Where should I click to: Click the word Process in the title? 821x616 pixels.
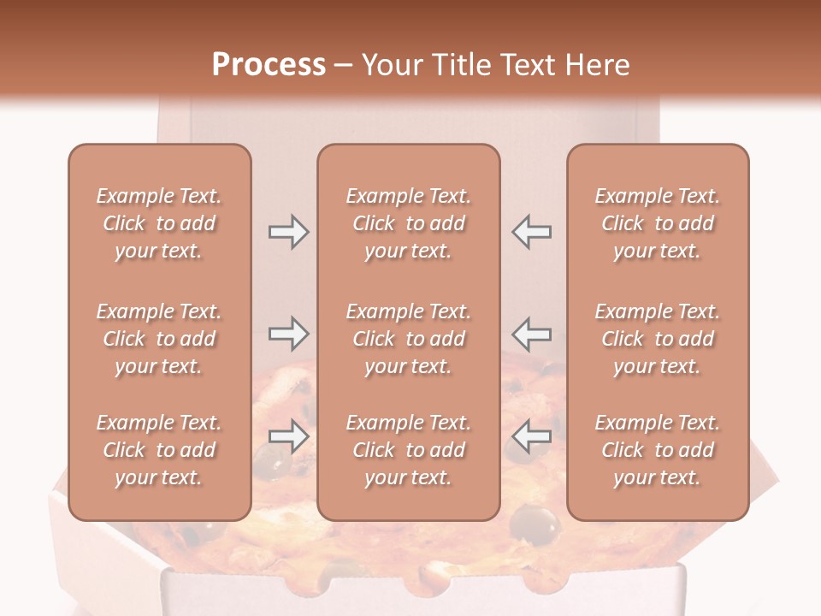269,65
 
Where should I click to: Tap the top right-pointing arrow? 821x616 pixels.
288,232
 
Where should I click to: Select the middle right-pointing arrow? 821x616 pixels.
288,334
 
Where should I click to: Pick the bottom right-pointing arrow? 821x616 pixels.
288,436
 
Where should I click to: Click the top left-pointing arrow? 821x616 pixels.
531,232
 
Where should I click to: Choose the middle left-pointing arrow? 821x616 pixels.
531,334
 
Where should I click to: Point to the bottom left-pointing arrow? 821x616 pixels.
531,436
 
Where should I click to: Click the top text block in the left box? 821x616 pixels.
159,223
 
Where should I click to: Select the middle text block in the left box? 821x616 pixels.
159,339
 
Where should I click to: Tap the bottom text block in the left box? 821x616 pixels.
159,450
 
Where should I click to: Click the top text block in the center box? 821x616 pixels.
408,223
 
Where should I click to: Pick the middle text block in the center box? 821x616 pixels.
408,339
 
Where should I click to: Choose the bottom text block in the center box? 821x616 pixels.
408,450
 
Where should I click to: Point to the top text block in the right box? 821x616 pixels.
657,223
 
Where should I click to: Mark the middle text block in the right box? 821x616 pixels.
657,339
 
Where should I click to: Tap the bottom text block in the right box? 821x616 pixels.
657,450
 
